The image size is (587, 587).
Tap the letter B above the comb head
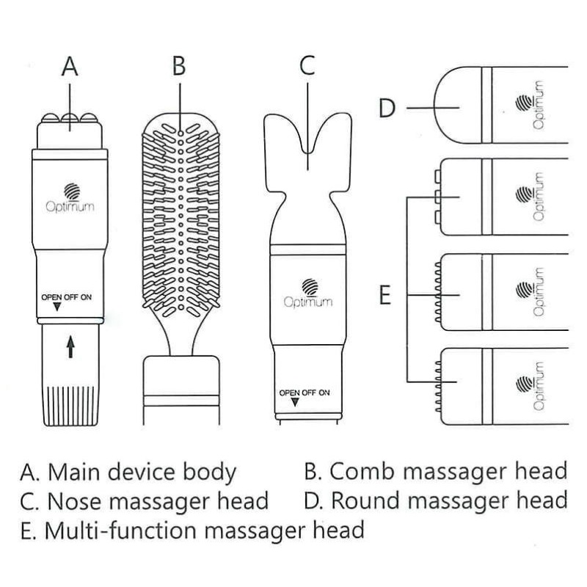pyautogui.click(x=179, y=66)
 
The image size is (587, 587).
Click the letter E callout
pyautogui.click(x=387, y=296)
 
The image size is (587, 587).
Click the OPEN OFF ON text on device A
pyautogui.click(x=70, y=296)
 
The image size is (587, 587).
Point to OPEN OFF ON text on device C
pyautogui.click(x=305, y=393)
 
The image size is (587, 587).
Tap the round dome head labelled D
pyautogui.click(x=459, y=108)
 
